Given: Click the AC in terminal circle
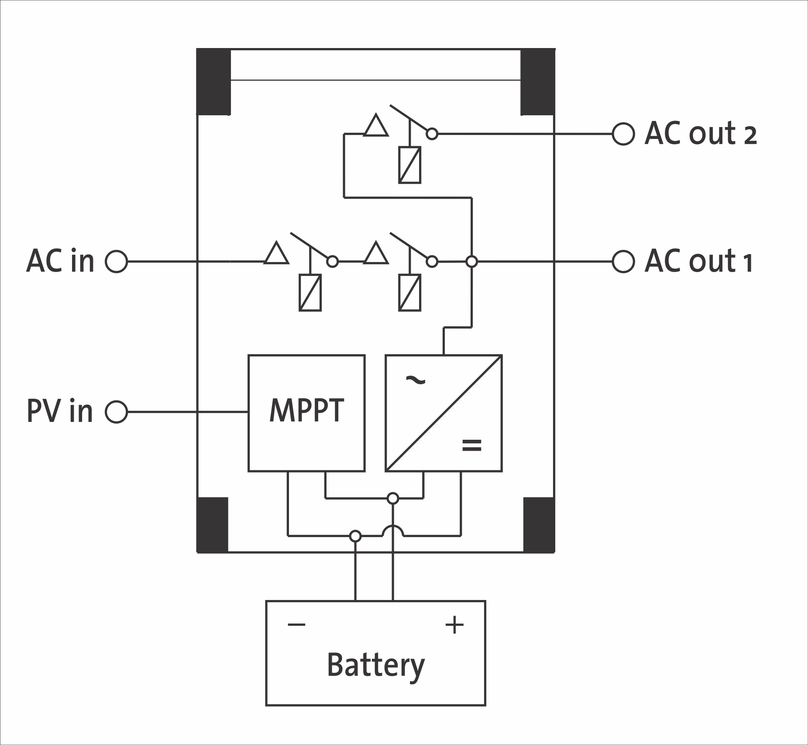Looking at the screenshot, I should point(117,262).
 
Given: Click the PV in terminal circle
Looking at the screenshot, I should point(117,412).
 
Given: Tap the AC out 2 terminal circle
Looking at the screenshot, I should point(623,134).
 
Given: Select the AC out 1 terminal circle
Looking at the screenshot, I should point(623,262).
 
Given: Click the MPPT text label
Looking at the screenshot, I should point(306,410).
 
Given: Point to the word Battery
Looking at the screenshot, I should point(375,665).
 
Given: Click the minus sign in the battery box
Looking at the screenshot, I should point(296,624).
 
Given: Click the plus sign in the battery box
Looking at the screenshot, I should point(454,624).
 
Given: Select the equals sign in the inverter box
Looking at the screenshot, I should point(471,445).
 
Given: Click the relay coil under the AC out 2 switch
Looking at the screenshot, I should point(410,165).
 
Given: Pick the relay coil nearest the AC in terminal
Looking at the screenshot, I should point(310,293).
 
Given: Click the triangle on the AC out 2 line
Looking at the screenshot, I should point(376,126).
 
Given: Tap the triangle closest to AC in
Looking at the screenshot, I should point(276,254).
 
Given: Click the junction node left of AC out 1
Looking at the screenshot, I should point(471,262).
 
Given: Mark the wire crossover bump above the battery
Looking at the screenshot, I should point(393,531).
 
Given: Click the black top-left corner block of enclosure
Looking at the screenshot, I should point(213,82).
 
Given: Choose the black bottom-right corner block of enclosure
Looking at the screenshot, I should point(539,525).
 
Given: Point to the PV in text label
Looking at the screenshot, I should point(60,411).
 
